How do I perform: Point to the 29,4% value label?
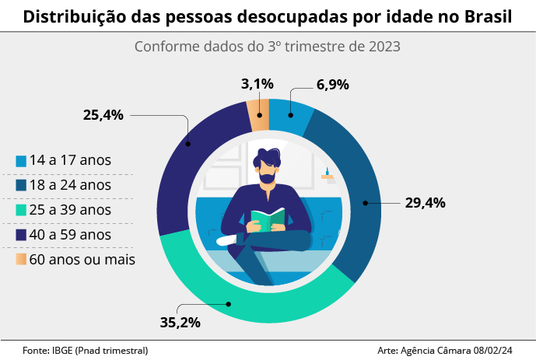[x=425, y=203]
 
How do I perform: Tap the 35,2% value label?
[x=180, y=321]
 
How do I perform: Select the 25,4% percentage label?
[x=103, y=115]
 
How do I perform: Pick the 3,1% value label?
[x=257, y=84]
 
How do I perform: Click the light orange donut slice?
[x=258, y=114]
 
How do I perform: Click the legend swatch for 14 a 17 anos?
[x=21, y=161]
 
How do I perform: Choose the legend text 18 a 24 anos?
[x=70, y=185]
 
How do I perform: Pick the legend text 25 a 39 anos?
[x=70, y=210]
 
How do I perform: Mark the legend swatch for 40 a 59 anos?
[x=21, y=235]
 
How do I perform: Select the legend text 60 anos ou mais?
[x=82, y=260]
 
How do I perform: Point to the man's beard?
[x=268, y=177]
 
